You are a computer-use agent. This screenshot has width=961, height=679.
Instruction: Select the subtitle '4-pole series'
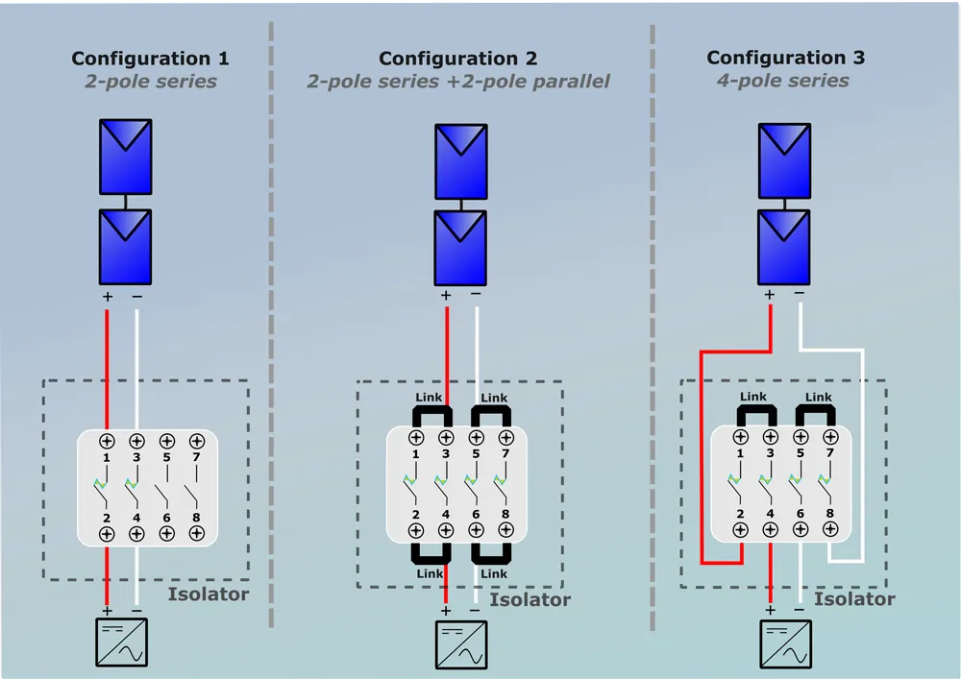(783, 81)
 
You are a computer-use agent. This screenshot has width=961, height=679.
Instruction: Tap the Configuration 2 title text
(458, 60)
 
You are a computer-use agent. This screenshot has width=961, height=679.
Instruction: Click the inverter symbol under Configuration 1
(122, 643)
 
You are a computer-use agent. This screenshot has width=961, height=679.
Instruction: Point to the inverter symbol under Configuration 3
(785, 643)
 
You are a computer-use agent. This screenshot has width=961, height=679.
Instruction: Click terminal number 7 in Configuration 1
(196, 457)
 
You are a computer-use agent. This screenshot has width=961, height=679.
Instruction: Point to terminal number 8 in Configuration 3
(829, 514)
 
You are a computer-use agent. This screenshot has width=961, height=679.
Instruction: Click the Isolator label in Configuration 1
(209, 594)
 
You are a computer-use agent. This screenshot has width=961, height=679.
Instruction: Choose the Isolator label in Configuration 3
(854, 599)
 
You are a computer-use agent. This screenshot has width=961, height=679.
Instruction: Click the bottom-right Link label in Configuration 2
(494, 573)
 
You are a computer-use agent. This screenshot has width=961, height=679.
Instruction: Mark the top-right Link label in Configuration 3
(818, 397)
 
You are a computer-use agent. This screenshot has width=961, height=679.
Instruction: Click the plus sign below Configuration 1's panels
(107, 297)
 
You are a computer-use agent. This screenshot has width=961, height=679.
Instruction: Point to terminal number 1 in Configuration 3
(740, 452)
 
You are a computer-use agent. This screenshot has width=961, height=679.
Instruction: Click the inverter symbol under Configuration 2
(460, 644)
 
